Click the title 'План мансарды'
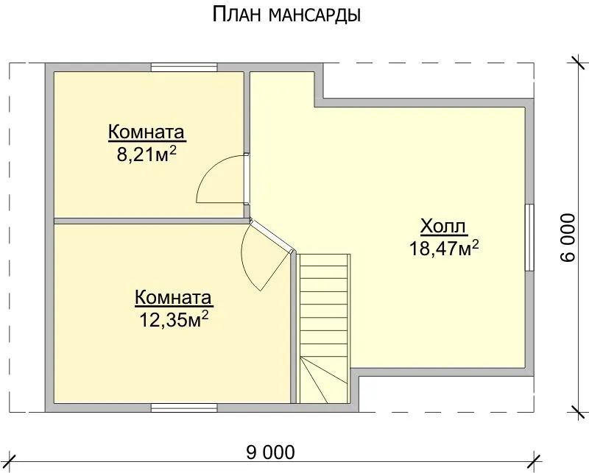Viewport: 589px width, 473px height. tap(286, 15)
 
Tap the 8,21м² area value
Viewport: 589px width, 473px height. tap(147, 154)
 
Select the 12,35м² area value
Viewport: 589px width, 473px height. tap(174, 320)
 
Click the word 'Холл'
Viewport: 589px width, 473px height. tap(443, 227)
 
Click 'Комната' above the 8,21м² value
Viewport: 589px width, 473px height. tap(147, 132)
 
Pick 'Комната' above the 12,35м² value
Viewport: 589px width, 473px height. tap(174, 298)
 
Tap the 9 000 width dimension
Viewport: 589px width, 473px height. tap(270, 452)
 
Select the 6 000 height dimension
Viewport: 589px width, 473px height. tap(568, 238)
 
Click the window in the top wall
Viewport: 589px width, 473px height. tap(184, 68)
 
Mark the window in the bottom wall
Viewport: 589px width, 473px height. tap(184, 408)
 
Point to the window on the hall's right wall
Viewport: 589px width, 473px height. tap(529, 238)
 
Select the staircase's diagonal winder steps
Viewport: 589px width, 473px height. tap(324, 380)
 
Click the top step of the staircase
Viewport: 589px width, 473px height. tap(324, 260)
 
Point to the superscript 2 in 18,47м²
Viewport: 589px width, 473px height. tap(475, 243)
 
